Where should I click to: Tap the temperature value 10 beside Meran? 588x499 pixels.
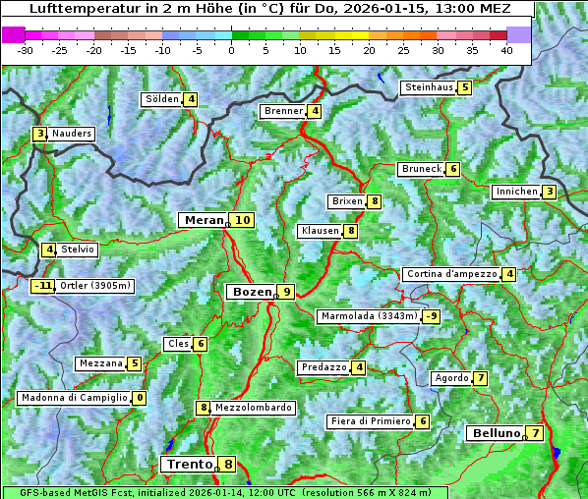tap(241, 220)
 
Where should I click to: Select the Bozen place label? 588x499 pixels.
tap(250, 292)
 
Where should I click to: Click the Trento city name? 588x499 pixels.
tap(189, 465)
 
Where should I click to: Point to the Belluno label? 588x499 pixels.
tap(495, 433)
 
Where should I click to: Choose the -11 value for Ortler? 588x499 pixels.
tap(42, 287)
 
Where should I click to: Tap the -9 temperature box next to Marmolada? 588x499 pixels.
tap(431, 316)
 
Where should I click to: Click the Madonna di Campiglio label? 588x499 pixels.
tap(74, 398)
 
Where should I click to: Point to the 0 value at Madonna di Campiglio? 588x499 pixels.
tap(140, 398)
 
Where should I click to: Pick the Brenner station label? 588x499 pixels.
tap(283, 111)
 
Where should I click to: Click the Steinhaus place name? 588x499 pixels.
tap(429, 87)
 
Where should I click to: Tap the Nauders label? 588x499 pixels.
tap(71, 134)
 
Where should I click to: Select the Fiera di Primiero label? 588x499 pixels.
tap(370, 421)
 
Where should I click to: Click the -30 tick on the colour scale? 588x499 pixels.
tap(26, 50)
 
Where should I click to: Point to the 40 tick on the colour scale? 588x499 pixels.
tap(506, 50)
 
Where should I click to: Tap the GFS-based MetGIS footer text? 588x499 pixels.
tap(223, 492)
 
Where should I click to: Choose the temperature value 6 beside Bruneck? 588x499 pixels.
tap(452, 169)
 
